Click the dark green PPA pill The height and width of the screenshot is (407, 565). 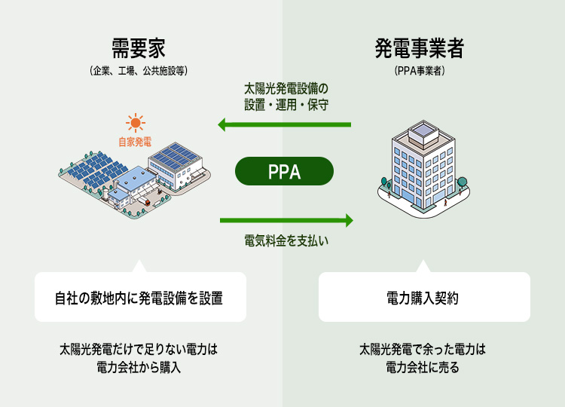pos(284,171)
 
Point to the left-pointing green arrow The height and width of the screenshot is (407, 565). pos(285,124)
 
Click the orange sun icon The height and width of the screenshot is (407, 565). pos(136,122)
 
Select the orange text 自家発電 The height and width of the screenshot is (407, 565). pos(135,141)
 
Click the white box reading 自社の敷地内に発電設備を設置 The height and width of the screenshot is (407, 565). pos(140,297)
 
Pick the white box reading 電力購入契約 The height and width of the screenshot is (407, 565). pos(424,297)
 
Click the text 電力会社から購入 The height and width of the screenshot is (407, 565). pos(140,368)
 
